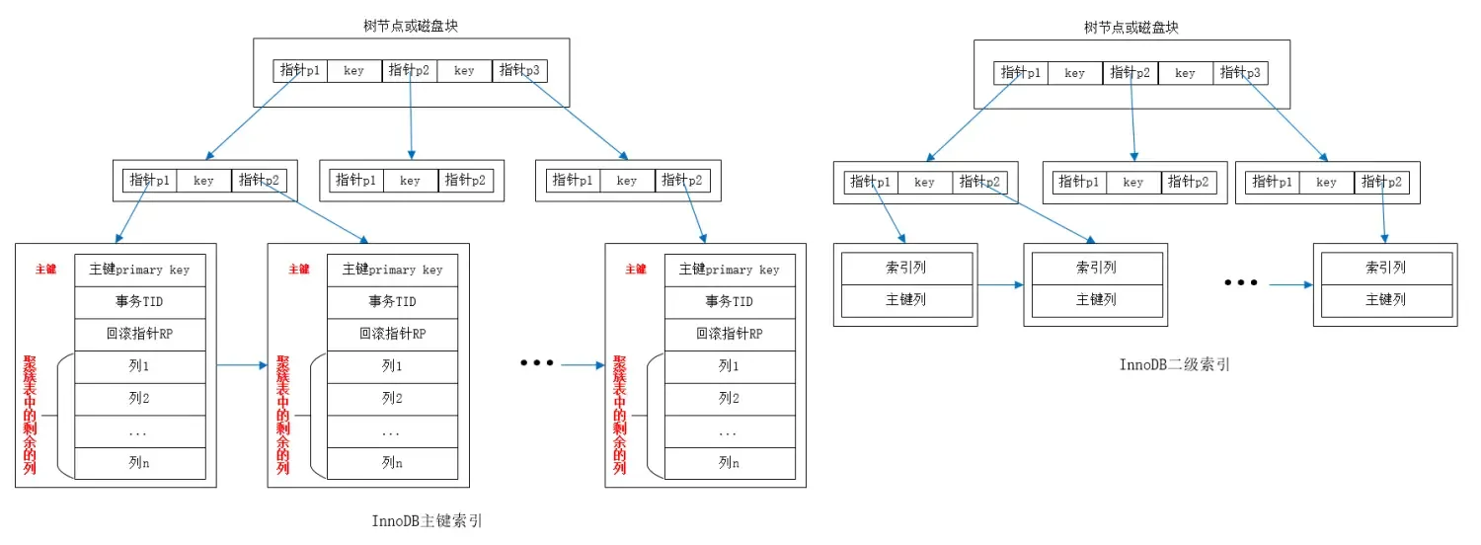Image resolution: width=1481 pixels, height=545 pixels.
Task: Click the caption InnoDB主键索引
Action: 427,520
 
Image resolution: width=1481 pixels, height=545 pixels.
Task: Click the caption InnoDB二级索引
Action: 1174,364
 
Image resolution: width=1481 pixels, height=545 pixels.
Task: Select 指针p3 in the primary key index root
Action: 519,71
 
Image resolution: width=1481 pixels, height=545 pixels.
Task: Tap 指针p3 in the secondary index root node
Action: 1240,72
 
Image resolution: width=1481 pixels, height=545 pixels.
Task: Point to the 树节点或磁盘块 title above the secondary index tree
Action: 1131,28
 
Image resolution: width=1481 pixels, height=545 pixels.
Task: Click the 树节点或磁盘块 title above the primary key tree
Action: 411,26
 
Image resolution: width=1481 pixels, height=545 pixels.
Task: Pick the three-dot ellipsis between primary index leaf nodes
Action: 537,363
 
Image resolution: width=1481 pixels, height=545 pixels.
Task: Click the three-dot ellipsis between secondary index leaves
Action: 1241,283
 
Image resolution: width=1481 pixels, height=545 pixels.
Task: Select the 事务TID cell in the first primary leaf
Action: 139,301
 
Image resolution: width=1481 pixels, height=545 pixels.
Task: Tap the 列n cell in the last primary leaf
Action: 729,462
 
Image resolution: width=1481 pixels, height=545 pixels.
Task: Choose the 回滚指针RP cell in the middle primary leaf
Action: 392,334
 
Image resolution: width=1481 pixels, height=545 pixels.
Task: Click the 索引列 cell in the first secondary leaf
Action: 905,268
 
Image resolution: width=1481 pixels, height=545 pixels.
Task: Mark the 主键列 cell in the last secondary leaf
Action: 1385,299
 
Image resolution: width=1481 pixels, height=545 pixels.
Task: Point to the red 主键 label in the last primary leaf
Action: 635,269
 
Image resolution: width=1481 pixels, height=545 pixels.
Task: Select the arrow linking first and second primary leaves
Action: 242,365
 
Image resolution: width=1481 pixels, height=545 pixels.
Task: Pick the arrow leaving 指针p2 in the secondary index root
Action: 1132,120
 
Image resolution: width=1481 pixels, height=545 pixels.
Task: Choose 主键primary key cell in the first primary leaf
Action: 139,270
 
